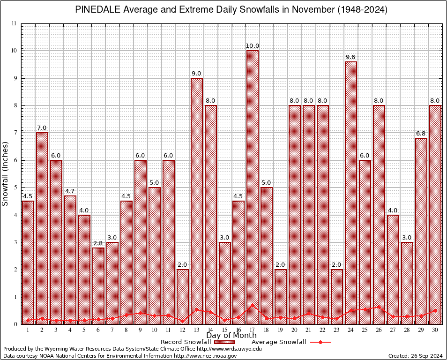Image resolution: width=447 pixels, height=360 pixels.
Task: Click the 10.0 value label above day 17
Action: [x=253, y=46]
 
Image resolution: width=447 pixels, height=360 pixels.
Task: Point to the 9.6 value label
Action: [x=351, y=57]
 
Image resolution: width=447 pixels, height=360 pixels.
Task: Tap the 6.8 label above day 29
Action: [x=421, y=134]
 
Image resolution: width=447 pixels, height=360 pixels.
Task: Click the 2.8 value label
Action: [x=98, y=243]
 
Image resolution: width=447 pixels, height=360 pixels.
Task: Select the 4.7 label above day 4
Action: [x=70, y=191]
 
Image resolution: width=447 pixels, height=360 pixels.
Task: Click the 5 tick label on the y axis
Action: [x=15, y=187]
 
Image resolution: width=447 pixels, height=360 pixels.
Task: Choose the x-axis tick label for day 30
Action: [x=435, y=330]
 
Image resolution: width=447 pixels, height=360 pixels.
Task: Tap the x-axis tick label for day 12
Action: [x=183, y=330]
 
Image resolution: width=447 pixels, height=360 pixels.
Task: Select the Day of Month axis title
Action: [x=231, y=336]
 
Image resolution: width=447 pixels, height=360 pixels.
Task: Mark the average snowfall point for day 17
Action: [x=253, y=305]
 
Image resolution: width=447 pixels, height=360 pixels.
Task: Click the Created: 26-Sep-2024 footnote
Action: [x=415, y=356]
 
